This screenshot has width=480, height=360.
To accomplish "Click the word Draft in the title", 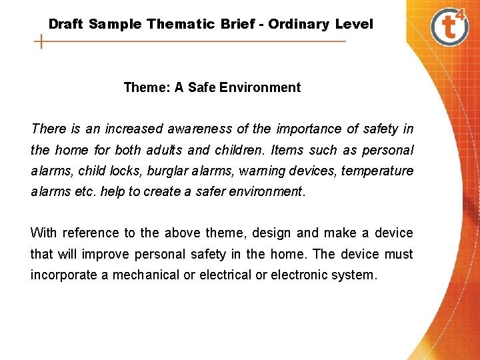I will click(x=66, y=25).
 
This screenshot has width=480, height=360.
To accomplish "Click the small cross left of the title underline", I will click(x=42, y=42).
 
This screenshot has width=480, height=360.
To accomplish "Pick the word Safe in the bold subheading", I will click(x=203, y=87).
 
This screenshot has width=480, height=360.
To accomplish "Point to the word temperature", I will click(x=377, y=171).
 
